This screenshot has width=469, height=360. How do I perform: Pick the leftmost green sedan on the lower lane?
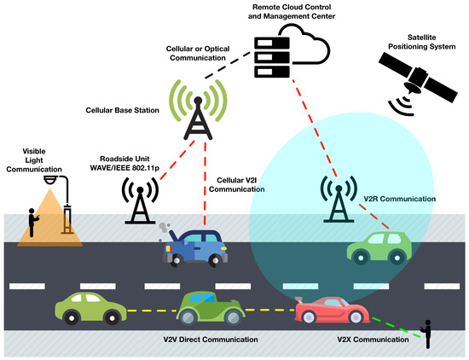click(89, 308)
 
